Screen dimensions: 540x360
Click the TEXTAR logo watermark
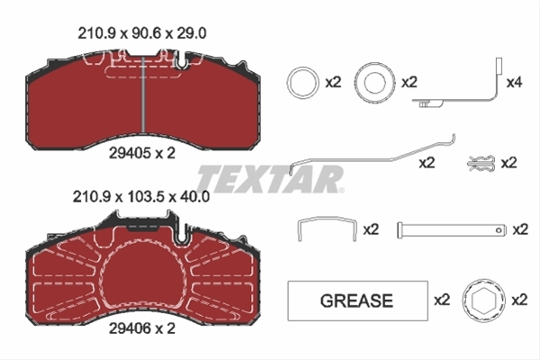(x=271, y=179)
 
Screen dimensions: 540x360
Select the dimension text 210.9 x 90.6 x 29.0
(x=142, y=34)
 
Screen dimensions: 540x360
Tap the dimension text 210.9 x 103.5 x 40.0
(x=141, y=197)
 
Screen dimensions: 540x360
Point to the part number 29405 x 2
(x=142, y=153)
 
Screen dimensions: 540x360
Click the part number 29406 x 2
(x=142, y=328)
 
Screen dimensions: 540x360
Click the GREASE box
(x=358, y=301)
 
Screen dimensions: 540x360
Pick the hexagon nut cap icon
(x=483, y=301)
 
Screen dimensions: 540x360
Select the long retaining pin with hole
(x=452, y=229)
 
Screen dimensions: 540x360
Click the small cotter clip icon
(x=481, y=163)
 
